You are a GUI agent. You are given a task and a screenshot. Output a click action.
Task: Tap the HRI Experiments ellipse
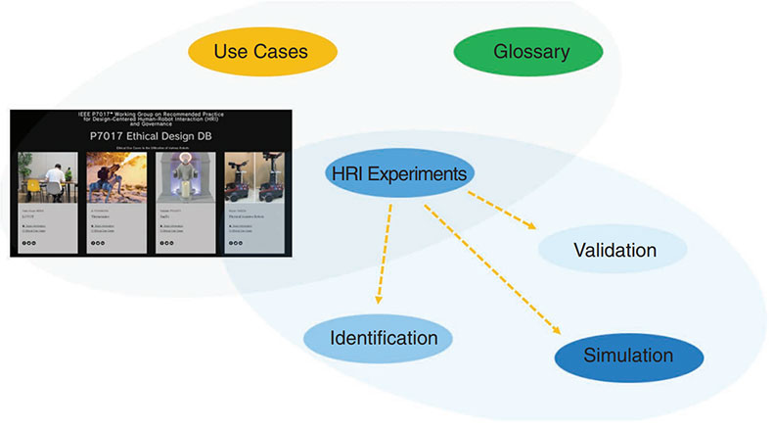398,175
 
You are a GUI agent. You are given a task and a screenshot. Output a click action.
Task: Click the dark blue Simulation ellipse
628,356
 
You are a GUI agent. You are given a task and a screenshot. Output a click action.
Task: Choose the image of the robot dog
114,177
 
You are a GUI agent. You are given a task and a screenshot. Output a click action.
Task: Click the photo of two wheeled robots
250,177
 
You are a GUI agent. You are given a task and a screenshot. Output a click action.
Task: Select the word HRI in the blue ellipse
347,175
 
